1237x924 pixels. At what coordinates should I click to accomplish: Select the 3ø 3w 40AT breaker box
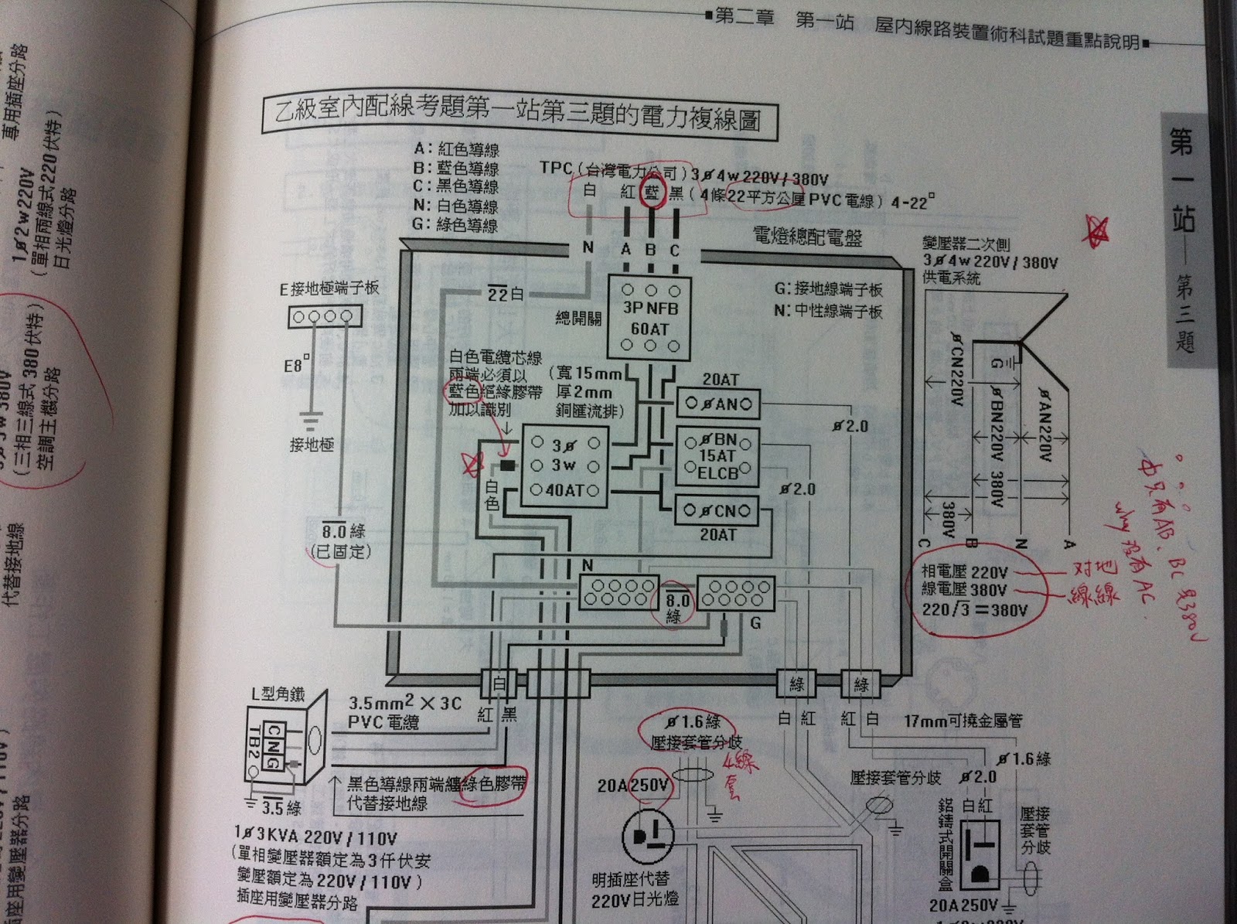(x=564, y=468)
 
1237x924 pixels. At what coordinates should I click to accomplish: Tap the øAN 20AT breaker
(x=717, y=404)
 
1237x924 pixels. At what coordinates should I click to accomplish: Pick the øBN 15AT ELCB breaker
(x=717, y=456)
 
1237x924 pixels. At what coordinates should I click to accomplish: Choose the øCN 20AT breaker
(x=716, y=510)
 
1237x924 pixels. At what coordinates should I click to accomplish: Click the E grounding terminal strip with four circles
(x=325, y=316)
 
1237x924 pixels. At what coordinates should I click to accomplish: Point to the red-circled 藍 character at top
(x=652, y=193)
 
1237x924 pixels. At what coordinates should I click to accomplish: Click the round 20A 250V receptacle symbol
(x=648, y=837)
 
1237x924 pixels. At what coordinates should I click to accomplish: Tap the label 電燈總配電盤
(x=808, y=237)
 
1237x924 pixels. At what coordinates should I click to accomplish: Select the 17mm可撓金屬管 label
(x=963, y=721)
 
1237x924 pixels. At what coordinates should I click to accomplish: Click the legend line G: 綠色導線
(x=455, y=225)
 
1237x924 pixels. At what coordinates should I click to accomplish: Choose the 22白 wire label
(x=506, y=295)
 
